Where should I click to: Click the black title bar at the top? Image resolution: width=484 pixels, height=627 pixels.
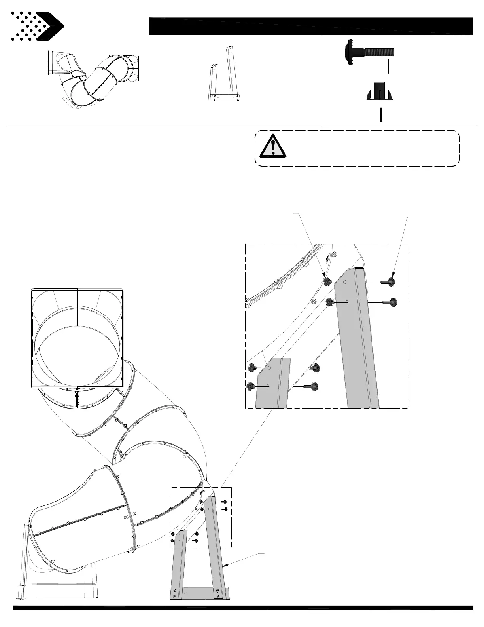pyautogui.click(x=311, y=26)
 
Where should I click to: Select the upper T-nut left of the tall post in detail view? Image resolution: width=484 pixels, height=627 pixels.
pyautogui.click(x=327, y=282)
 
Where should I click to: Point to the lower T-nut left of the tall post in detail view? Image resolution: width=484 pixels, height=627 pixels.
pyautogui.click(x=329, y=303)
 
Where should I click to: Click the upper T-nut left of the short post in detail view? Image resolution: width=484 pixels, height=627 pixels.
pyautogui.click(x=252, y=368)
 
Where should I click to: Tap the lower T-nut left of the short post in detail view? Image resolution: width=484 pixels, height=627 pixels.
pyautogui.click(x=250, y=386)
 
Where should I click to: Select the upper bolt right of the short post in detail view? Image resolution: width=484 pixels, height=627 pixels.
pyautogui.click(x=315, y=368)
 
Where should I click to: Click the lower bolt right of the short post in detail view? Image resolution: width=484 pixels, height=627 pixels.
pyautogui.click(x=311, y=386)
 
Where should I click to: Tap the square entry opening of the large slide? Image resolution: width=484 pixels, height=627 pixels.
pyautogui.click(x=77, y=337)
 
